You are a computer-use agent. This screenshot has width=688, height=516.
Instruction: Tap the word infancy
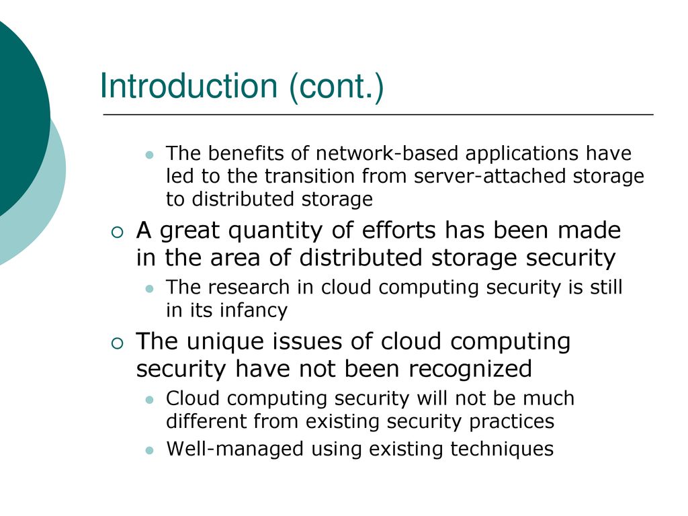coord(253,310)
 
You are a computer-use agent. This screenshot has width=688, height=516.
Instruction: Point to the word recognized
coord(470,368)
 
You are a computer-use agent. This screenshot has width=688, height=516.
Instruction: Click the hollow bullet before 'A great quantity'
coord(118,232)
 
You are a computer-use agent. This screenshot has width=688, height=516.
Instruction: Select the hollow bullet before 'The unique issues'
coord(118,343)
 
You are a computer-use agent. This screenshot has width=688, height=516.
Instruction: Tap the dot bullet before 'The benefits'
coord(150,155)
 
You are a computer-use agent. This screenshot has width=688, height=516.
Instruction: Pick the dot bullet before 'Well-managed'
coord(150,450)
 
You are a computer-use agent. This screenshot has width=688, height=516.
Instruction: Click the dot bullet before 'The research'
coord(150,289)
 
